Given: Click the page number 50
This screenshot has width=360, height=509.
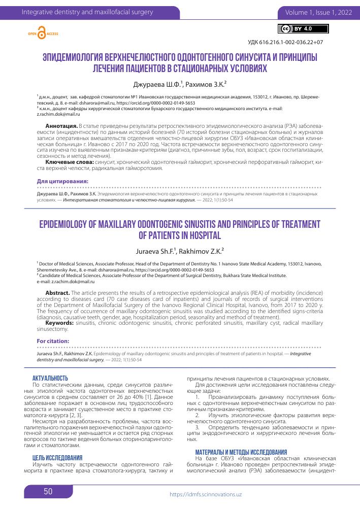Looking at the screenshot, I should (48, 491).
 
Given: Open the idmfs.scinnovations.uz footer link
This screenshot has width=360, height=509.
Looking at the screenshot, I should (205, 494).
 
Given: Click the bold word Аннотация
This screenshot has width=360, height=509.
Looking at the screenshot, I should (62, 125).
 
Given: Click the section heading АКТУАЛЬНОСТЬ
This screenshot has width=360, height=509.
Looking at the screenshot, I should (50, 378).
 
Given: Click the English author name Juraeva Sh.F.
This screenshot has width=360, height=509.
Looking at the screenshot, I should (155, 251).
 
